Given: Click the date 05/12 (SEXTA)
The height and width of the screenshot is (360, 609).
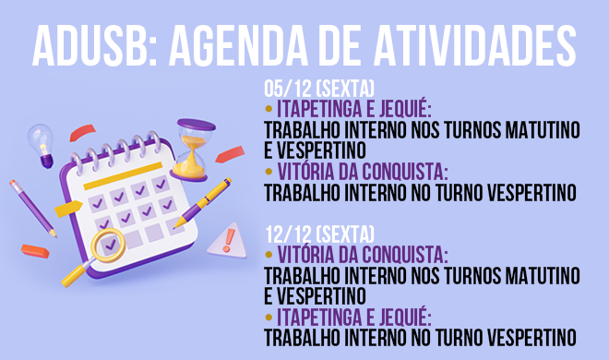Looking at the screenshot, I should (318, 90).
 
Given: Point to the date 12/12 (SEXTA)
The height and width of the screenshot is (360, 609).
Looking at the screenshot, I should (318, 231).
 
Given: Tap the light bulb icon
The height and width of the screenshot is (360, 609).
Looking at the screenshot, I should (42, 142).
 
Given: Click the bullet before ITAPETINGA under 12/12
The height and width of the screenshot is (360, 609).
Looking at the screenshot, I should (269, 316).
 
